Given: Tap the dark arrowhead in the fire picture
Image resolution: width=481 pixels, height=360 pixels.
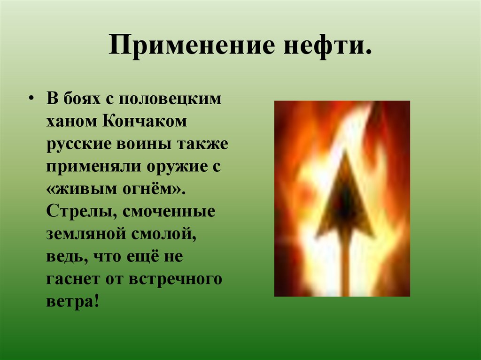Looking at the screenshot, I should pos(345,202).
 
